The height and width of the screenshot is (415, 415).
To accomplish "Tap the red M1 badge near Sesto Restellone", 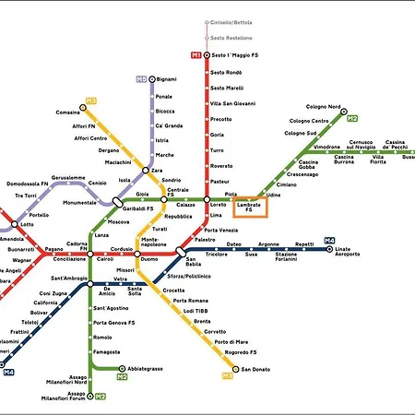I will tap(196, 56).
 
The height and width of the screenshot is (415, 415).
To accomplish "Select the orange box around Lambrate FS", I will tap(249, 207).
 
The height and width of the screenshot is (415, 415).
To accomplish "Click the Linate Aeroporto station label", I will tap(349, 253).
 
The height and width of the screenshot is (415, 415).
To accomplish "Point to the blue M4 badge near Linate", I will tap(329, 242).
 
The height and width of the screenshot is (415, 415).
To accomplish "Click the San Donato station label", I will tap(257, 370).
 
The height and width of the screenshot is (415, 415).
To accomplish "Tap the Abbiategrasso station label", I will tap(146, 370).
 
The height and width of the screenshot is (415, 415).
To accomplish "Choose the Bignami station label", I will tap(166, 80).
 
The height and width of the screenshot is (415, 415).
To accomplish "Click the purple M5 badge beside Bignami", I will tap(141, 79).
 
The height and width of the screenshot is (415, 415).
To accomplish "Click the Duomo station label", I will tap(148, 260).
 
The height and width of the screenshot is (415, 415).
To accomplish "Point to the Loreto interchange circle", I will tap(207, 199).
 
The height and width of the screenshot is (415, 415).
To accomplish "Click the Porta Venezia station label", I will tap(227, 230).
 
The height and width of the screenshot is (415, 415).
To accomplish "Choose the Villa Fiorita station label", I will tap(378, 159).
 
